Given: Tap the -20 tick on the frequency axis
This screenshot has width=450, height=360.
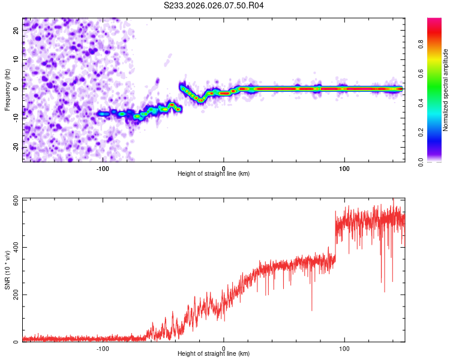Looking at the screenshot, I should tap(17, 147).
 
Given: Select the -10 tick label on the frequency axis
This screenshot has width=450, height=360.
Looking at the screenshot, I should tap(17, 118).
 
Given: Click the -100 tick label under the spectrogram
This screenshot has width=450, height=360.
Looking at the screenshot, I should tap(103, 168).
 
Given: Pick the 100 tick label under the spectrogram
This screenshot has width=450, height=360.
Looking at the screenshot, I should tap(344, 168).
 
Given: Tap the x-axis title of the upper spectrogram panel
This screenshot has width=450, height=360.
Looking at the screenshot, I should tap(214, 174).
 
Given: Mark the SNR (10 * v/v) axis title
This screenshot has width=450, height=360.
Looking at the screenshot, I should tap(7, 270).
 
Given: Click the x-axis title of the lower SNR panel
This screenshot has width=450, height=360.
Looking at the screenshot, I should tap(214, 353).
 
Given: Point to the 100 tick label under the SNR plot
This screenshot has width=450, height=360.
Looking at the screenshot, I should tap(344, 348).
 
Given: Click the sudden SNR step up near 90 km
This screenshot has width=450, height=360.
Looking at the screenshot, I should tap(335, 240).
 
